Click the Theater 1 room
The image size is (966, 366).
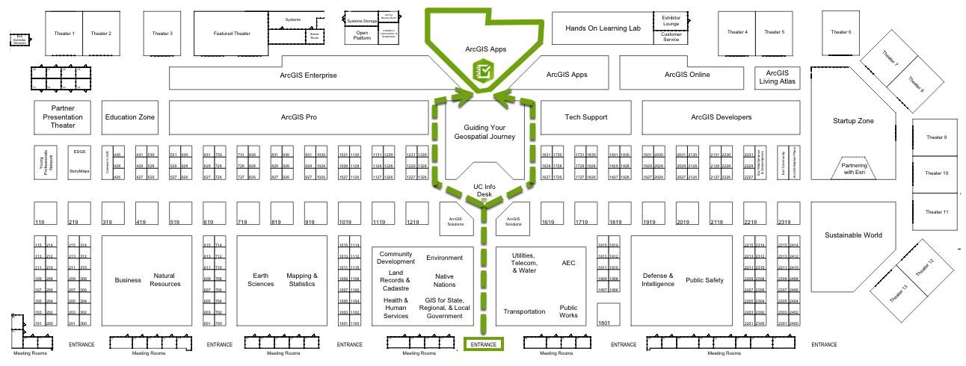pos(64,34)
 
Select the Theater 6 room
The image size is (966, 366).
pos(841,32)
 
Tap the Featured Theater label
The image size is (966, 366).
pos(232,34)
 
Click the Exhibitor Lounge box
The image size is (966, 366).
pos(671,19)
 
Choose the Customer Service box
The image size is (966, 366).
pos(671,37)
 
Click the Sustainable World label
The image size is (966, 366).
pos(853,235)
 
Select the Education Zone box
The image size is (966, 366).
pos(130,117)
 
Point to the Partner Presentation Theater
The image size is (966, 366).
pos(64,117)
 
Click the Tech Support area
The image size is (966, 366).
pos(585,117)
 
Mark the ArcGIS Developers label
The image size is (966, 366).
pos(721,117)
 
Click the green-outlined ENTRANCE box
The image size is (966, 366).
pos(483,344)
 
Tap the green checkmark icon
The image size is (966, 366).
pos(483,72)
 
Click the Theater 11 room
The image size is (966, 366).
pos(936,212)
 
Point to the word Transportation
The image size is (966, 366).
pos(524,311)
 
